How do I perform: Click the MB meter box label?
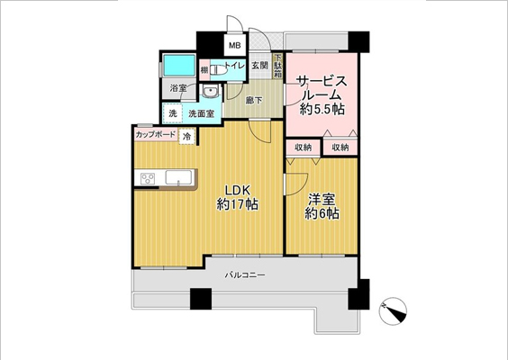point(233,44)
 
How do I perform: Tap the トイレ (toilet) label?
point(233,66)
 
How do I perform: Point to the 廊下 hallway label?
point(253,101)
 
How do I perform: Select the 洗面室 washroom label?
point(201,114)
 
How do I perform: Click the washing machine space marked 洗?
point(171,114)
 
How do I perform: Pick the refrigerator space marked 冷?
point(186,136)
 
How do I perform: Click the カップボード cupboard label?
point(156,135)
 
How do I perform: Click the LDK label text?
point(237,189)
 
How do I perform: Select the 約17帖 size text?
point(237,205)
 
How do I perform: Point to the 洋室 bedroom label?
point(322,199)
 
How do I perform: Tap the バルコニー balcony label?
point(244,275)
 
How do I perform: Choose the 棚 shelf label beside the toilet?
point(205,69)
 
